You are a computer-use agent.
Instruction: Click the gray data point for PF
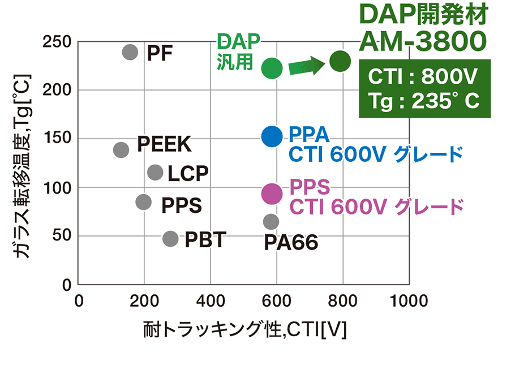click(x=130, y=52)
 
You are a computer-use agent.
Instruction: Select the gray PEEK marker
click(x=121, y=150)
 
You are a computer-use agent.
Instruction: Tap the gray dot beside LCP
click(x=156, y=172)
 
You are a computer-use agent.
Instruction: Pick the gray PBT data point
click(x=170, y=238)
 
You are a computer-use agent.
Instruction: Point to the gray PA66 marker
click(x=271, y=221)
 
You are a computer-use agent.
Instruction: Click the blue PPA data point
click(x=272, y=136)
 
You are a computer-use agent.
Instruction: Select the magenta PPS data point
click(x=272, y=194)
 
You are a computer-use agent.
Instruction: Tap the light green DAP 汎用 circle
click(x=272, y=68)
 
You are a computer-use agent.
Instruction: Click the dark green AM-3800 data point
click(x=340, y=61)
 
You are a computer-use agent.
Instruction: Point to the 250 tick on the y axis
click(x=57, y=42)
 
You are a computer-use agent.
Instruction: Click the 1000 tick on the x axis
click(x=409, y=300)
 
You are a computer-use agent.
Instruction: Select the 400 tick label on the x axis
click(x=211, y=300)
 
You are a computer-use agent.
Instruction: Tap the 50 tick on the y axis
click(x=62, y=235)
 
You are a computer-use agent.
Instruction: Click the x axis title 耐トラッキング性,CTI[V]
click(x=244, y=329)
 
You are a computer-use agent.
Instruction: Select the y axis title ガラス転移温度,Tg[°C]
click(x=23, y=166)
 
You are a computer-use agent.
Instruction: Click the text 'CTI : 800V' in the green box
click(x=422, y=76)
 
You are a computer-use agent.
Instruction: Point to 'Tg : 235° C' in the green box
click(x=424, y=101)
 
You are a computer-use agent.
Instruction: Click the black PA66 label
click(x=291, y=242)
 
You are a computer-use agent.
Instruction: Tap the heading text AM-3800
click(x=423, y=41)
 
